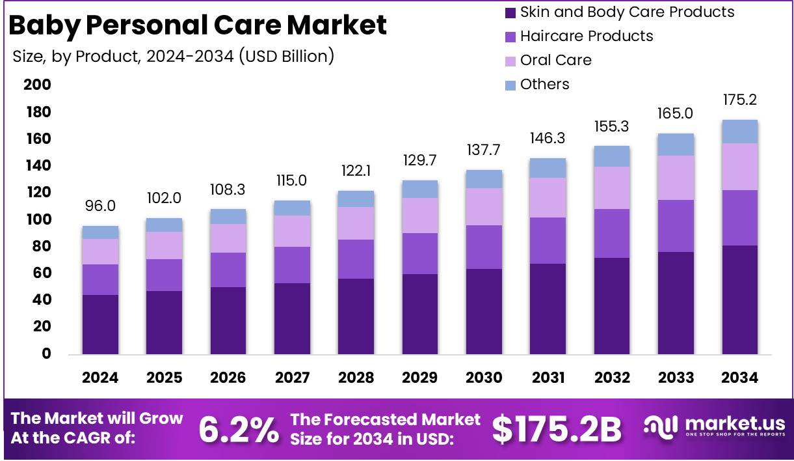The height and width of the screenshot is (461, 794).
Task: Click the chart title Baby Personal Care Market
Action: (198, 25)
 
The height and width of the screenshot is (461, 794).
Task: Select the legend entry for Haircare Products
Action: (587, 36)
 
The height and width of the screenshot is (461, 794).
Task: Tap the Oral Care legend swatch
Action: (510, 61)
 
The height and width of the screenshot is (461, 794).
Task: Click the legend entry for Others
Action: (544, 84)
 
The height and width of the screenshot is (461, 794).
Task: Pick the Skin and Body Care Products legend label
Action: (627, 12)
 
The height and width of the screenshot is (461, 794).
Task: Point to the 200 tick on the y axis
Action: (37, 85)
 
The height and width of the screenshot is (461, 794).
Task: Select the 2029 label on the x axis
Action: (420, 378)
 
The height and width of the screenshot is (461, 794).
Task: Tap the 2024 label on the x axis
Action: (100, 378)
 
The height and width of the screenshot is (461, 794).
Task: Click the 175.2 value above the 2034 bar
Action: (740, 100)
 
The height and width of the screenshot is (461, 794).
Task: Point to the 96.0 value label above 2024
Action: (100, 206)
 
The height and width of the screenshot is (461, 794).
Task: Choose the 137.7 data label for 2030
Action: (484, 150)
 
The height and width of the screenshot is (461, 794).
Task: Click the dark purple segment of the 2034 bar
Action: (740, 300)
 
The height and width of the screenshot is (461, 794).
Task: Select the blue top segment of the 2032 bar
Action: (612, 156)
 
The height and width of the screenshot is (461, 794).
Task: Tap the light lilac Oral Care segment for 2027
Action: (292, 231)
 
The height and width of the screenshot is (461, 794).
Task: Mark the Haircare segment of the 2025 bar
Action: (164, 275)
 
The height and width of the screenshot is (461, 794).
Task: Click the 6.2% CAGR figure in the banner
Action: (238, 428)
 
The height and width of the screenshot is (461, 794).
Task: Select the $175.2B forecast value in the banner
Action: (557, 428)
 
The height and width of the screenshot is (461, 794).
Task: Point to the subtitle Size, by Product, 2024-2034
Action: (173, 56)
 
